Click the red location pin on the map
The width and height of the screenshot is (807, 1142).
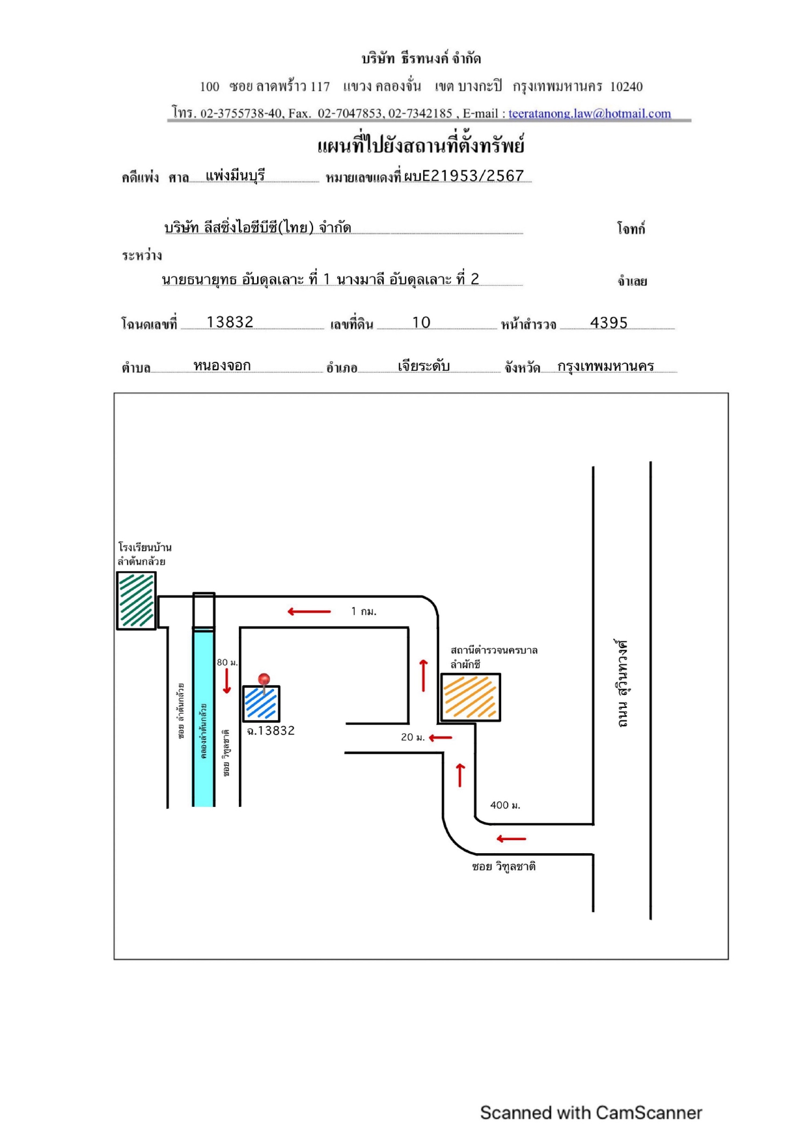tap(264, 681)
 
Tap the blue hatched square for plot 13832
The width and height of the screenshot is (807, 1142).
tap(262, 704)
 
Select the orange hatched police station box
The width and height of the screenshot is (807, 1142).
tap(471, 698)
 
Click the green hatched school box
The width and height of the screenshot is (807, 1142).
tap(136, 601)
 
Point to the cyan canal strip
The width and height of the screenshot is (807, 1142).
tap(204, 718)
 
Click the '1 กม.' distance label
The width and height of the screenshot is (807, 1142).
tap(364, 612)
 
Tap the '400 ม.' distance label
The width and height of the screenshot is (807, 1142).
tap(505, 806)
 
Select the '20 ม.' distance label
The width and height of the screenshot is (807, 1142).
tap(413, 737)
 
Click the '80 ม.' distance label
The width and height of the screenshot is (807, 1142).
tap(227, 662)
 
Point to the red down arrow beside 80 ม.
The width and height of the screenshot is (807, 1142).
tap(227, 681)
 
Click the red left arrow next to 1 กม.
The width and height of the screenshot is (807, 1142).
tap(309, 612)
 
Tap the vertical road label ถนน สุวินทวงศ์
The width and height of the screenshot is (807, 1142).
tap(623, 683)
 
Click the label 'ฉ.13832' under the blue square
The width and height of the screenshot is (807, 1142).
tap(271, 731)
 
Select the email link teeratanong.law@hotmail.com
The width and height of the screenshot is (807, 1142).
tap(590, 113)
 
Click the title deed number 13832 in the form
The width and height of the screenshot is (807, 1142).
tap(230, 322)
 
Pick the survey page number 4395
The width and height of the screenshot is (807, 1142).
tap(609, 323)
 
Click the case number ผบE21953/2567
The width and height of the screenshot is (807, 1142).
tap(464, 176)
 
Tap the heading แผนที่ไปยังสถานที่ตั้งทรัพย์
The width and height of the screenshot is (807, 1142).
tap(421, 145)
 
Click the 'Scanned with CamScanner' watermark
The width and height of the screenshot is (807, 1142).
tap(591, 1113)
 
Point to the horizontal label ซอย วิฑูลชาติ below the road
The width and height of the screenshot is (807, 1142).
tap(504, 867)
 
